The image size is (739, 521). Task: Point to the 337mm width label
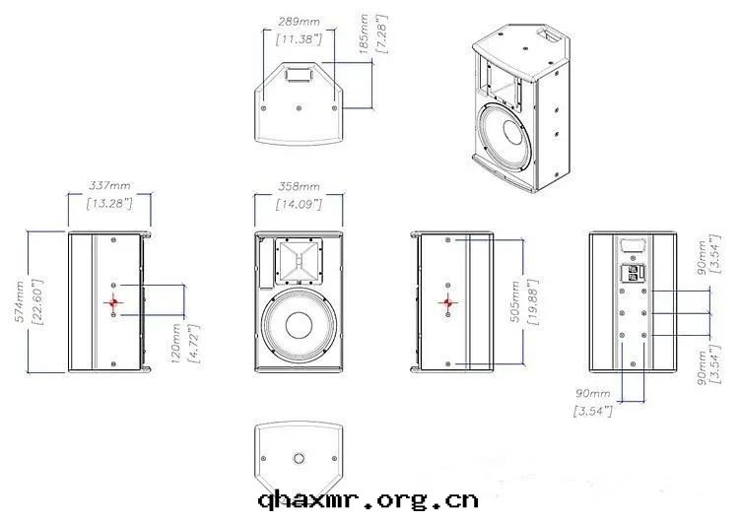(x=108, y=184)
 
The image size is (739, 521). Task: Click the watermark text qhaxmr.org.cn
(x=368, y=499)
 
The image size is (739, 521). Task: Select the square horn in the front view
(x=297, y=261)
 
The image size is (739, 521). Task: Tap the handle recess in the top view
(x=299, y=72)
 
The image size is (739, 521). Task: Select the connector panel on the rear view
(x=632, y=273)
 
